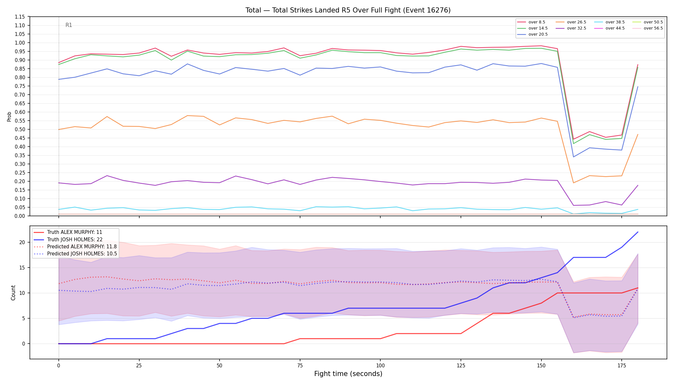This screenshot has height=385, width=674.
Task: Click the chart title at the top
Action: click(x=348, y=10)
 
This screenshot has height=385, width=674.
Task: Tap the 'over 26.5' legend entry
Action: click(x=571, y=22)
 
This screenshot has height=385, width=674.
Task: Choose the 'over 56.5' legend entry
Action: click(x=647, y=28)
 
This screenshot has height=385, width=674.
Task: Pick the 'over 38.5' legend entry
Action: click(x=609, y=22)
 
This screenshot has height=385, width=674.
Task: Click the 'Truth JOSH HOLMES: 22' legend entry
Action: click(x=68, y=239)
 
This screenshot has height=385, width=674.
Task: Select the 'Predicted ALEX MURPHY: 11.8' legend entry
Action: click(x=75, y=247)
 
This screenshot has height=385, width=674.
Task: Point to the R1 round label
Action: click(x=69, y=25)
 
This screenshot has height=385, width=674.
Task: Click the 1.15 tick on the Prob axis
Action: click(x=20, y=17)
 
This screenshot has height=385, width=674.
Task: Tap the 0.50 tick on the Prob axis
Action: click(x=20, y=129)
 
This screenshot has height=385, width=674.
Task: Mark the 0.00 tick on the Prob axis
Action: click(x=20, y=216)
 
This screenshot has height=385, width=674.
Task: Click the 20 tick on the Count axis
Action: click(x=22, y=242)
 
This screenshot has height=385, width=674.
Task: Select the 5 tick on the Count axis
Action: click(x=23, y=318)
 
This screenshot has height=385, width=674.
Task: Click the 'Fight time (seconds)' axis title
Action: click(x=348, y=374)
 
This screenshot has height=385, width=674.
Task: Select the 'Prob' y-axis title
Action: click(x=9, y=116)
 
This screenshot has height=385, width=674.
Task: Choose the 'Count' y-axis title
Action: click(x=13, y=293)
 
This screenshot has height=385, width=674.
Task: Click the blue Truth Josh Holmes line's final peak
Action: click(x=638, y=232)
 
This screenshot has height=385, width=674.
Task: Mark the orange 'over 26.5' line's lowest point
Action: click(x=574, y=183)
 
